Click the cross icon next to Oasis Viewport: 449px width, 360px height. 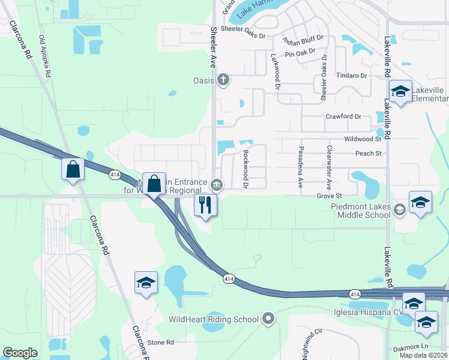(223, 80)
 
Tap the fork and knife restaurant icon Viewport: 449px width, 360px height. (205, 205)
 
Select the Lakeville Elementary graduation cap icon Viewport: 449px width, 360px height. (400, 92)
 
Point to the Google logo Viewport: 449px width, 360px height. (20, 353)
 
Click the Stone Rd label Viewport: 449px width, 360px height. (161, 342)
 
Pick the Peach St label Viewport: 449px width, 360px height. (369, 154)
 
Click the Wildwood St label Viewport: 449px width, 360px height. (363, 139)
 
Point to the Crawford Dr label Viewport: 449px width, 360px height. (343, 116)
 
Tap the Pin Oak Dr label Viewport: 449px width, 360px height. (304, 55)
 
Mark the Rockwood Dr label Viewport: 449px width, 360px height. (245, 170)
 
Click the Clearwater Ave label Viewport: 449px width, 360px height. (329, 165)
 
